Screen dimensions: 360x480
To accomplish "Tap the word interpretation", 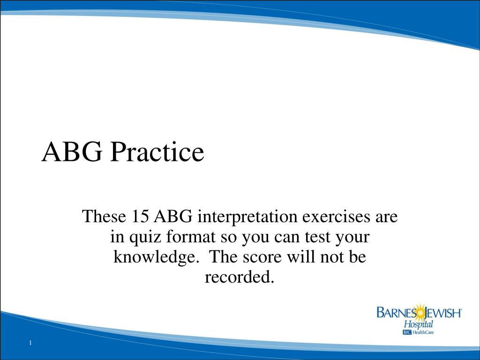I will (x=247, y=217).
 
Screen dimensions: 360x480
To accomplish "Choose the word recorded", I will (x=240, y=277).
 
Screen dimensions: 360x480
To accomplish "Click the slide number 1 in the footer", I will (x=30, y=343).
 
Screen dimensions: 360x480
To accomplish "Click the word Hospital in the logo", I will (x=419, y=324).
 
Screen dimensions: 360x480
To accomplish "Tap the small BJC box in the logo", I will (x=407, y=332).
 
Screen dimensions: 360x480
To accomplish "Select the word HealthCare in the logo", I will (x=423, y=332).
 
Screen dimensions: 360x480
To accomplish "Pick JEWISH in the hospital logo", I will (x=443, y=313).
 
